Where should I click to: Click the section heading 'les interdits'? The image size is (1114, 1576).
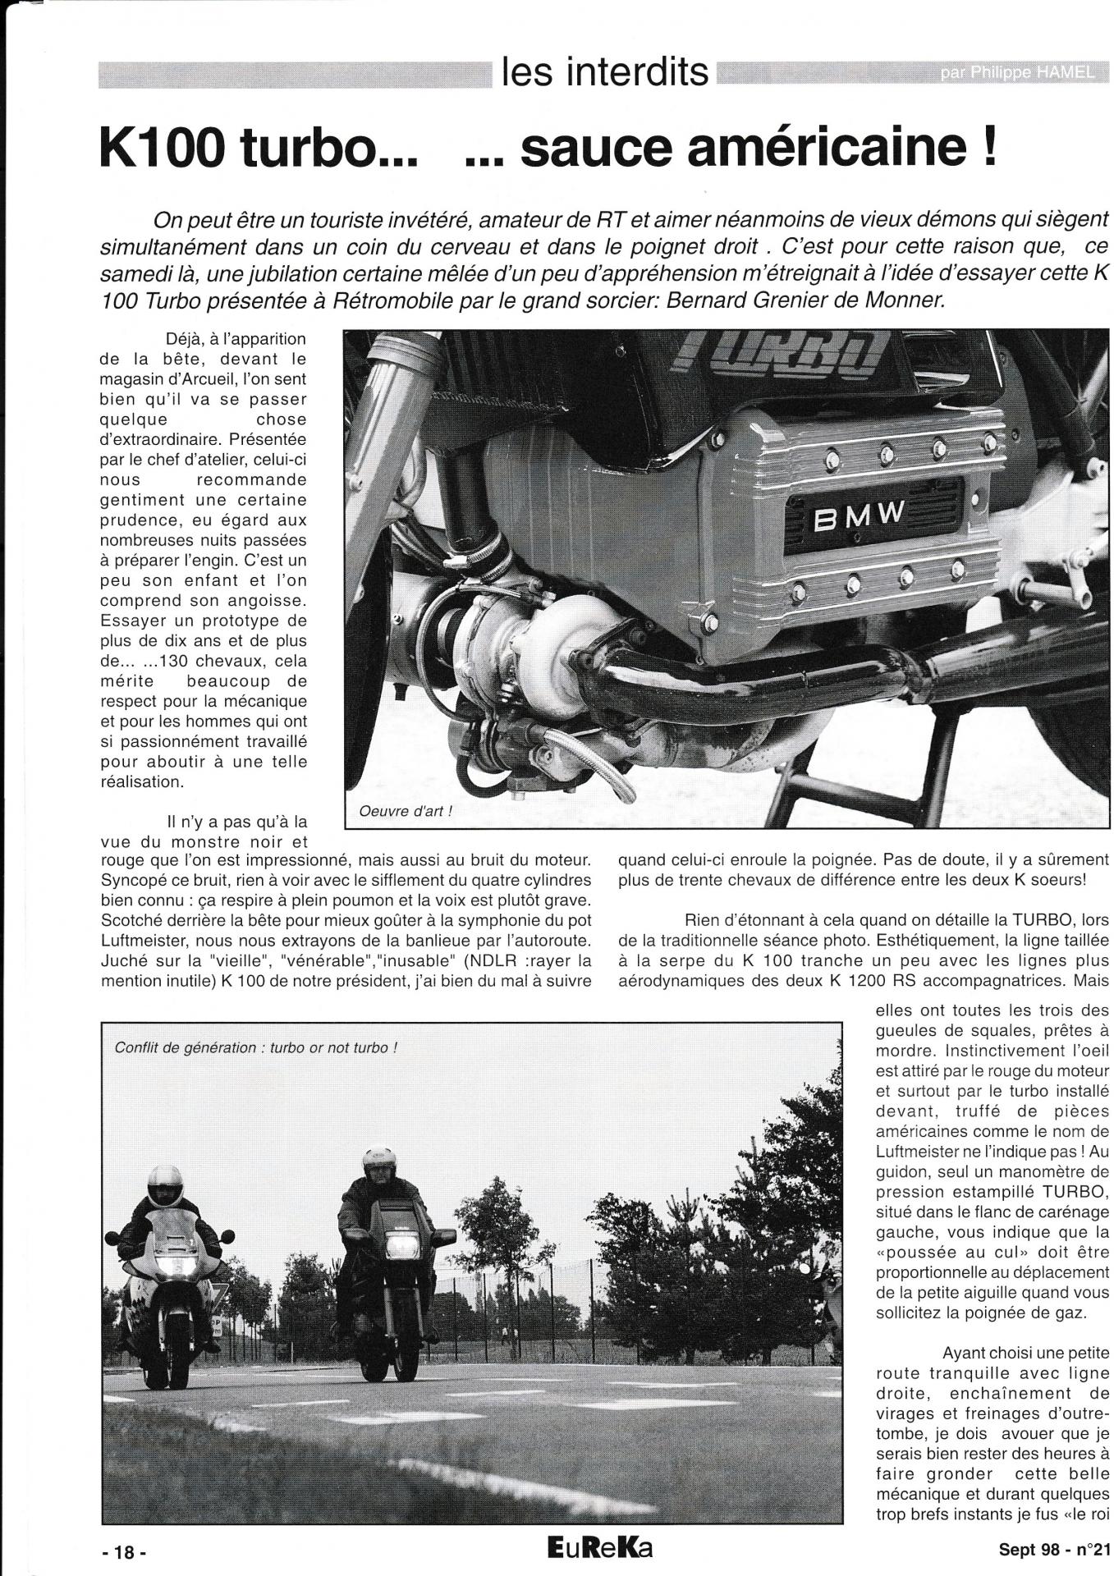(x=604, y=72)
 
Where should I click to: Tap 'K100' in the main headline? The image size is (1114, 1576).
(x=164, y=147)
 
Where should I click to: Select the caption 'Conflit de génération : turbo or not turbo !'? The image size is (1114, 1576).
(x=256, y=1048)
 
